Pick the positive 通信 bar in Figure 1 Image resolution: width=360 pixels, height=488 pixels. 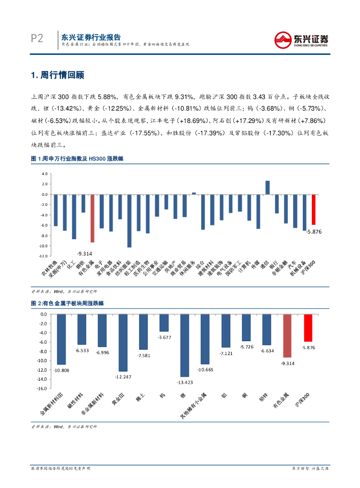tap(267, 188)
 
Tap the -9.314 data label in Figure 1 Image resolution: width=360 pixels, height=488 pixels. tap(85, 254)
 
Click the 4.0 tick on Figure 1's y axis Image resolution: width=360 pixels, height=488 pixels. tap(45, 174)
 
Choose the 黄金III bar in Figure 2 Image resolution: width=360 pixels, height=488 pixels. tap(123, 343)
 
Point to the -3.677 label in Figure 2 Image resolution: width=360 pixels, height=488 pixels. tap(164, 337)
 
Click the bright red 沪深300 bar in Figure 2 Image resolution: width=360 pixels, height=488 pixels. tap(308, 328)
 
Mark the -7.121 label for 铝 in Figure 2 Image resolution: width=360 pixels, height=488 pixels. tap(226, 354)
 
